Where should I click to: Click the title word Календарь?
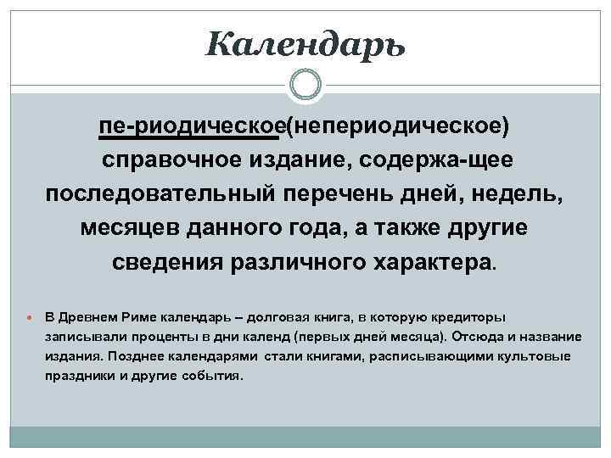305,42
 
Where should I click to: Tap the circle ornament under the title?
305,84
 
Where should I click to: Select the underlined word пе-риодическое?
190,126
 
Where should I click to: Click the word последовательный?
160,194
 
